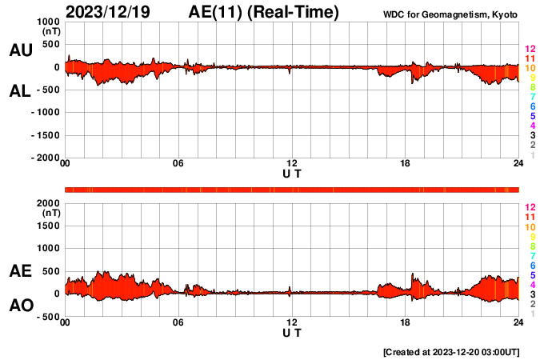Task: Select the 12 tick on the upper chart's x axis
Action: coord(292,163)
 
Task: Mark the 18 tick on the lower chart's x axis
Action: coord(406,322)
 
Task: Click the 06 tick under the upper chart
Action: coord(178,163)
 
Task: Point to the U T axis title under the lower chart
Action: coord(292,332)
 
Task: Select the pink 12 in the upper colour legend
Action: coord(529,50)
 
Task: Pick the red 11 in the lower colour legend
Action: coord(529,217)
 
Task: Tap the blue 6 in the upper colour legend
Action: coord(532,106)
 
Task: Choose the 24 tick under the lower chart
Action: coord(518,322)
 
